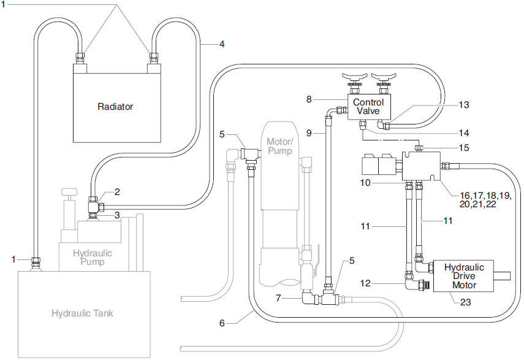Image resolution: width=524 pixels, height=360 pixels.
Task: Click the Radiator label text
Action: click(x=115, y=106)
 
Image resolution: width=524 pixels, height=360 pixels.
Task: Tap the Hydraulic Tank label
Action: click(x=82, y=313)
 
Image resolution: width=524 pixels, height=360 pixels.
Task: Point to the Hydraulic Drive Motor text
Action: click(x=464, y=276)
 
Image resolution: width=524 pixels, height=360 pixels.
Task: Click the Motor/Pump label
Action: click(x=280, y=146)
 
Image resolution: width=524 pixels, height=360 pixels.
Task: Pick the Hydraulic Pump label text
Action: click(x=93, y=257)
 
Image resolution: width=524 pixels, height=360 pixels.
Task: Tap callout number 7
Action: click(x=279, y=298)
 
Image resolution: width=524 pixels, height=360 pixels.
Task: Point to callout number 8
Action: click(x=309, y=99)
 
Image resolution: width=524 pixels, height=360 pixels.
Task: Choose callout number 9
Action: click(x=309, y=132)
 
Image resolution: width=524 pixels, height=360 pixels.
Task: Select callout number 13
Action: click(x=464, y=105)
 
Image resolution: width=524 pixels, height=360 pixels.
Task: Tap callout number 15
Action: click(x=464, y=147)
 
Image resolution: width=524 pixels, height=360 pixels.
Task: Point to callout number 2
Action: click(x=116, y=191)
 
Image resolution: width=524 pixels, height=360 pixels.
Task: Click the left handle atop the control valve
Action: click(x=354, y=77)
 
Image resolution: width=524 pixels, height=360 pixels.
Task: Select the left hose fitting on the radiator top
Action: click(x=80, y=58)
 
